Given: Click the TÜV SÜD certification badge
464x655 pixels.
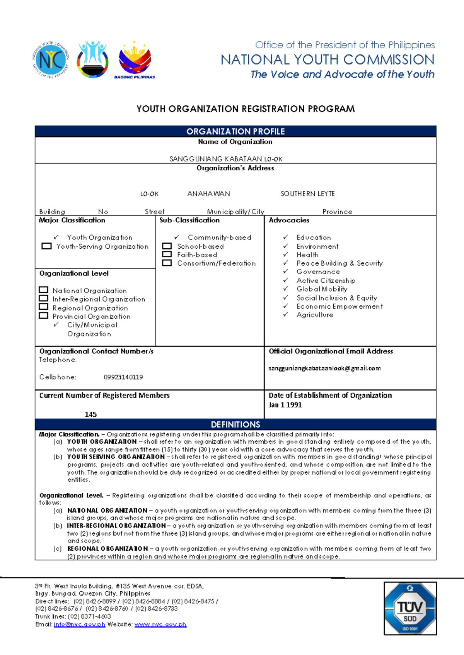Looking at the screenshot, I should [410, 608].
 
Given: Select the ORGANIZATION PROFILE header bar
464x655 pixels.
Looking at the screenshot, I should [235, 131].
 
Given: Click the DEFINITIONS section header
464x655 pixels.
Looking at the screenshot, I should [235, 424].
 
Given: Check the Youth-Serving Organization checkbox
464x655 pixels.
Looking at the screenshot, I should [46, 246].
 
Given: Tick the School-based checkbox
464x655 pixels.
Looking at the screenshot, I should [167, 246].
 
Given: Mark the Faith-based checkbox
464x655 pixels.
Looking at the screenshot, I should [167, 254].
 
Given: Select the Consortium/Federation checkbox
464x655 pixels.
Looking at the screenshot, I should [167, 263].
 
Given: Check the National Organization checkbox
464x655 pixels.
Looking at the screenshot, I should [44, 290].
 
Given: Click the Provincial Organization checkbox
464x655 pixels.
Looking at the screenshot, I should [44, 316].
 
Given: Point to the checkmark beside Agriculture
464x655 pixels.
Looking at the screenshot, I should [286, 315].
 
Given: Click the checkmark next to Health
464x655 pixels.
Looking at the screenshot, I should [286, 255].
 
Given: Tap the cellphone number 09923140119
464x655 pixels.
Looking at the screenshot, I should [123, 377].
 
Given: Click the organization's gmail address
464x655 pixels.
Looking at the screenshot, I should [324, 368].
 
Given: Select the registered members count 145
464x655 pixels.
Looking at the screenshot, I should [91, 414].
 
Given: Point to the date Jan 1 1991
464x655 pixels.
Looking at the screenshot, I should [285, 405].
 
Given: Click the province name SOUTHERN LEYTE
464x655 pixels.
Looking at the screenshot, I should [307, 193].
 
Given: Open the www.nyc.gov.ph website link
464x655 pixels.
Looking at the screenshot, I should [160, 624].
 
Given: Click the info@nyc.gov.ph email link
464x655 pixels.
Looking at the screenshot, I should [80, 624].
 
